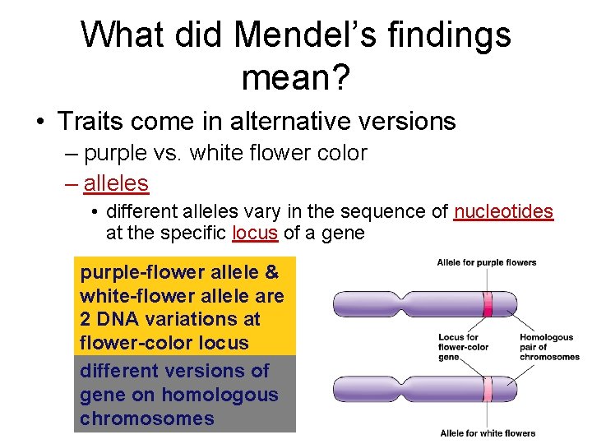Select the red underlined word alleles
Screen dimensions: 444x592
tap(116, 183)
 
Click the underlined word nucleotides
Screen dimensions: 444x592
tap(503, 212)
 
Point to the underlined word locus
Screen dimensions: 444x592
tap(255, 233)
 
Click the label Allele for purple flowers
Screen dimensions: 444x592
tap(487, 263)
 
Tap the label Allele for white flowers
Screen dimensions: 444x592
tap(488, 433)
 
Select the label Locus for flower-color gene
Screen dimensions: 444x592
tap(464, 347)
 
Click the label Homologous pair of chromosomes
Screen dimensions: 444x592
tap(549, 347)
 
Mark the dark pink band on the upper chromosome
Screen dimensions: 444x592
tap(488, 303)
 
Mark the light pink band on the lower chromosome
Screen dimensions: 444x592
tap(488, 389)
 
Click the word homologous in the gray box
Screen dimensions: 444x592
tap(220, 395)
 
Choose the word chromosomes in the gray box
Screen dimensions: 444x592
tap(147, 419)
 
